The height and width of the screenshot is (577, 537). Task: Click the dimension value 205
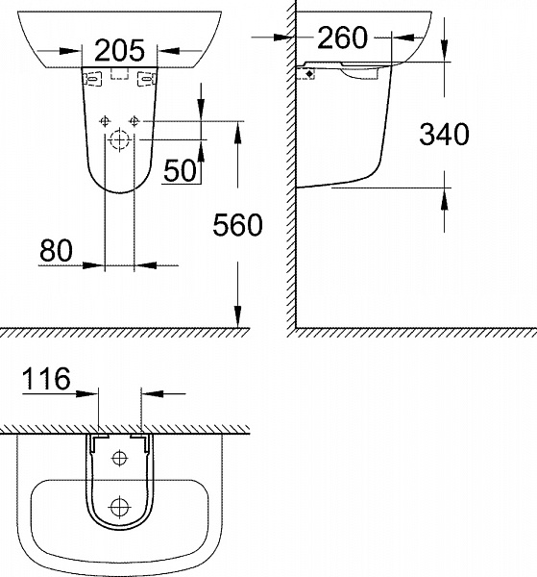tap(119, 49)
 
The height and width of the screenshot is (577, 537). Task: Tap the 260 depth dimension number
tap(342, 38)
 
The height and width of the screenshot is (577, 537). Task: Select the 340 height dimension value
tap(444, 135)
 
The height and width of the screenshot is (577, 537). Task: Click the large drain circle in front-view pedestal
tap(120, 140)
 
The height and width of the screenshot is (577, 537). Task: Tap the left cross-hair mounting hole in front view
tap(105, 121)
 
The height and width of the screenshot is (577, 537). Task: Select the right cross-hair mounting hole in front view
tap(135, 121)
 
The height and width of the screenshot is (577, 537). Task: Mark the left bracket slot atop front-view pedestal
tap(94, 79)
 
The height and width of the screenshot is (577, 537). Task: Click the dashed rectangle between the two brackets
tap(120, 74)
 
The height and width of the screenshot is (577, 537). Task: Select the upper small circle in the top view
tap(120, 457)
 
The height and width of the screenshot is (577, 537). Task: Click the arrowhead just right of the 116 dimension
tap(149, 392)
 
